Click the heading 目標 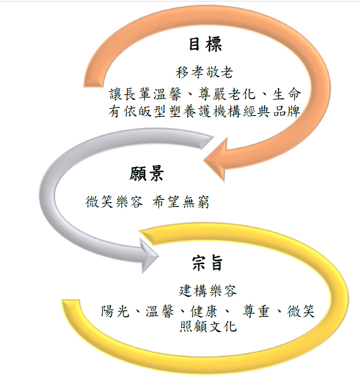click(x=205, y=45)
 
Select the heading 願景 click(x=147, y=174)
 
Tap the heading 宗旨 click(x=207, y=263)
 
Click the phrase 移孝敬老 click(x=204, y=72)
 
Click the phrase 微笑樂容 click(x=113, y=202)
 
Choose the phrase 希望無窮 click(x=181, y=202)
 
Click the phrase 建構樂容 click(x=208, y=291)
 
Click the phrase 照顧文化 click(x=208, y=326)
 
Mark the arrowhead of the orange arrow click(x=215, y=159)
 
